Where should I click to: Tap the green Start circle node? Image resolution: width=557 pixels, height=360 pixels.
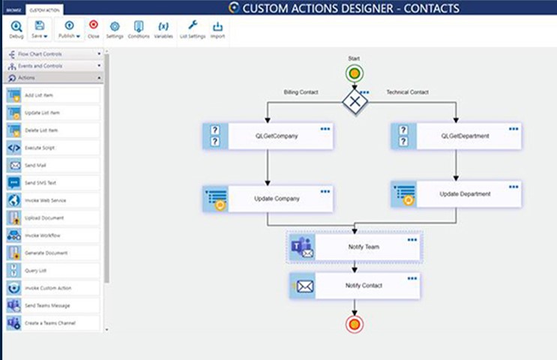coord(355,74)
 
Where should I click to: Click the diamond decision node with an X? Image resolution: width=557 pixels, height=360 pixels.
coord(355,100)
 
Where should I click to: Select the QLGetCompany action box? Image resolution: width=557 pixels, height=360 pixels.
coord(268,136)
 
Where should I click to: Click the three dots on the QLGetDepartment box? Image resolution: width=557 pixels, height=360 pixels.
coord(514,129)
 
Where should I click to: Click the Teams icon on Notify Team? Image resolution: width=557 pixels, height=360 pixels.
coord(302,247)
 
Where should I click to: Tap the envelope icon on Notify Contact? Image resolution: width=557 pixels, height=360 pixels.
coord(304,286)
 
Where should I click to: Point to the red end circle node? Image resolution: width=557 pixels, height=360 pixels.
coord(355,324)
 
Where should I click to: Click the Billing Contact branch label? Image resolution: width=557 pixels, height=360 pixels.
coord(301,92)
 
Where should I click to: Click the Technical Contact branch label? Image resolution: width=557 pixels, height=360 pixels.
coord(407,92)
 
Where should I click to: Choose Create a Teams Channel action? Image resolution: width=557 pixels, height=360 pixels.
coord(52,322)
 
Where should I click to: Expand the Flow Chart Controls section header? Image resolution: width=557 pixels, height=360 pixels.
coord(52,54)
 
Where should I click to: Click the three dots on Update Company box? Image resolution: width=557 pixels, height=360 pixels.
coord(325,191)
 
